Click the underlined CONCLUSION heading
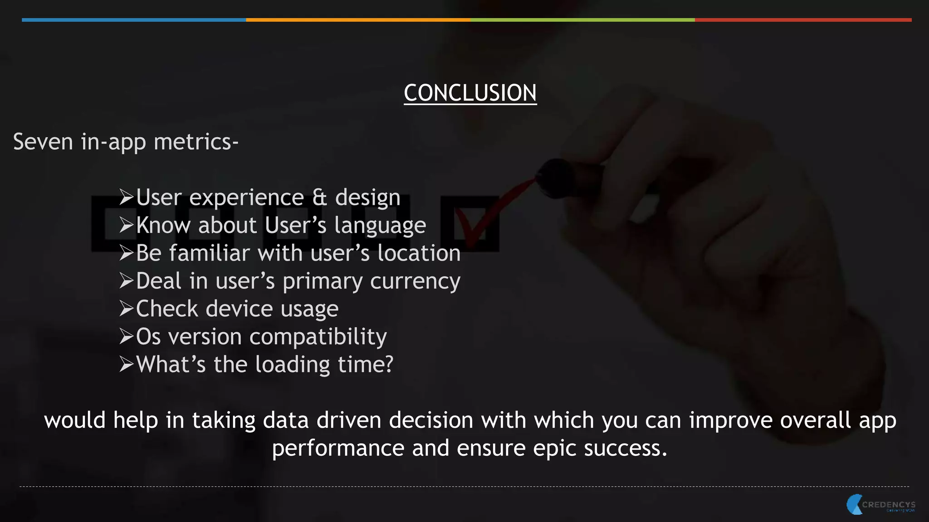tap(470, 93)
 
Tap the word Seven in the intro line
tap(43, 142)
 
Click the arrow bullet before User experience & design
tap(126, 197)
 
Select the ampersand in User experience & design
tap(319, 198)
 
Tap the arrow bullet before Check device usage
tap(126, 309)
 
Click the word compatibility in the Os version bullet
tap(318, 337)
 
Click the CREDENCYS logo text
tap(889, 504)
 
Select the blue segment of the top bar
tap(134, 20)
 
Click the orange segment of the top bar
tap(358, 20)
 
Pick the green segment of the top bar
tap(582, 20)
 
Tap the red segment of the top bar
tap(803, 20)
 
